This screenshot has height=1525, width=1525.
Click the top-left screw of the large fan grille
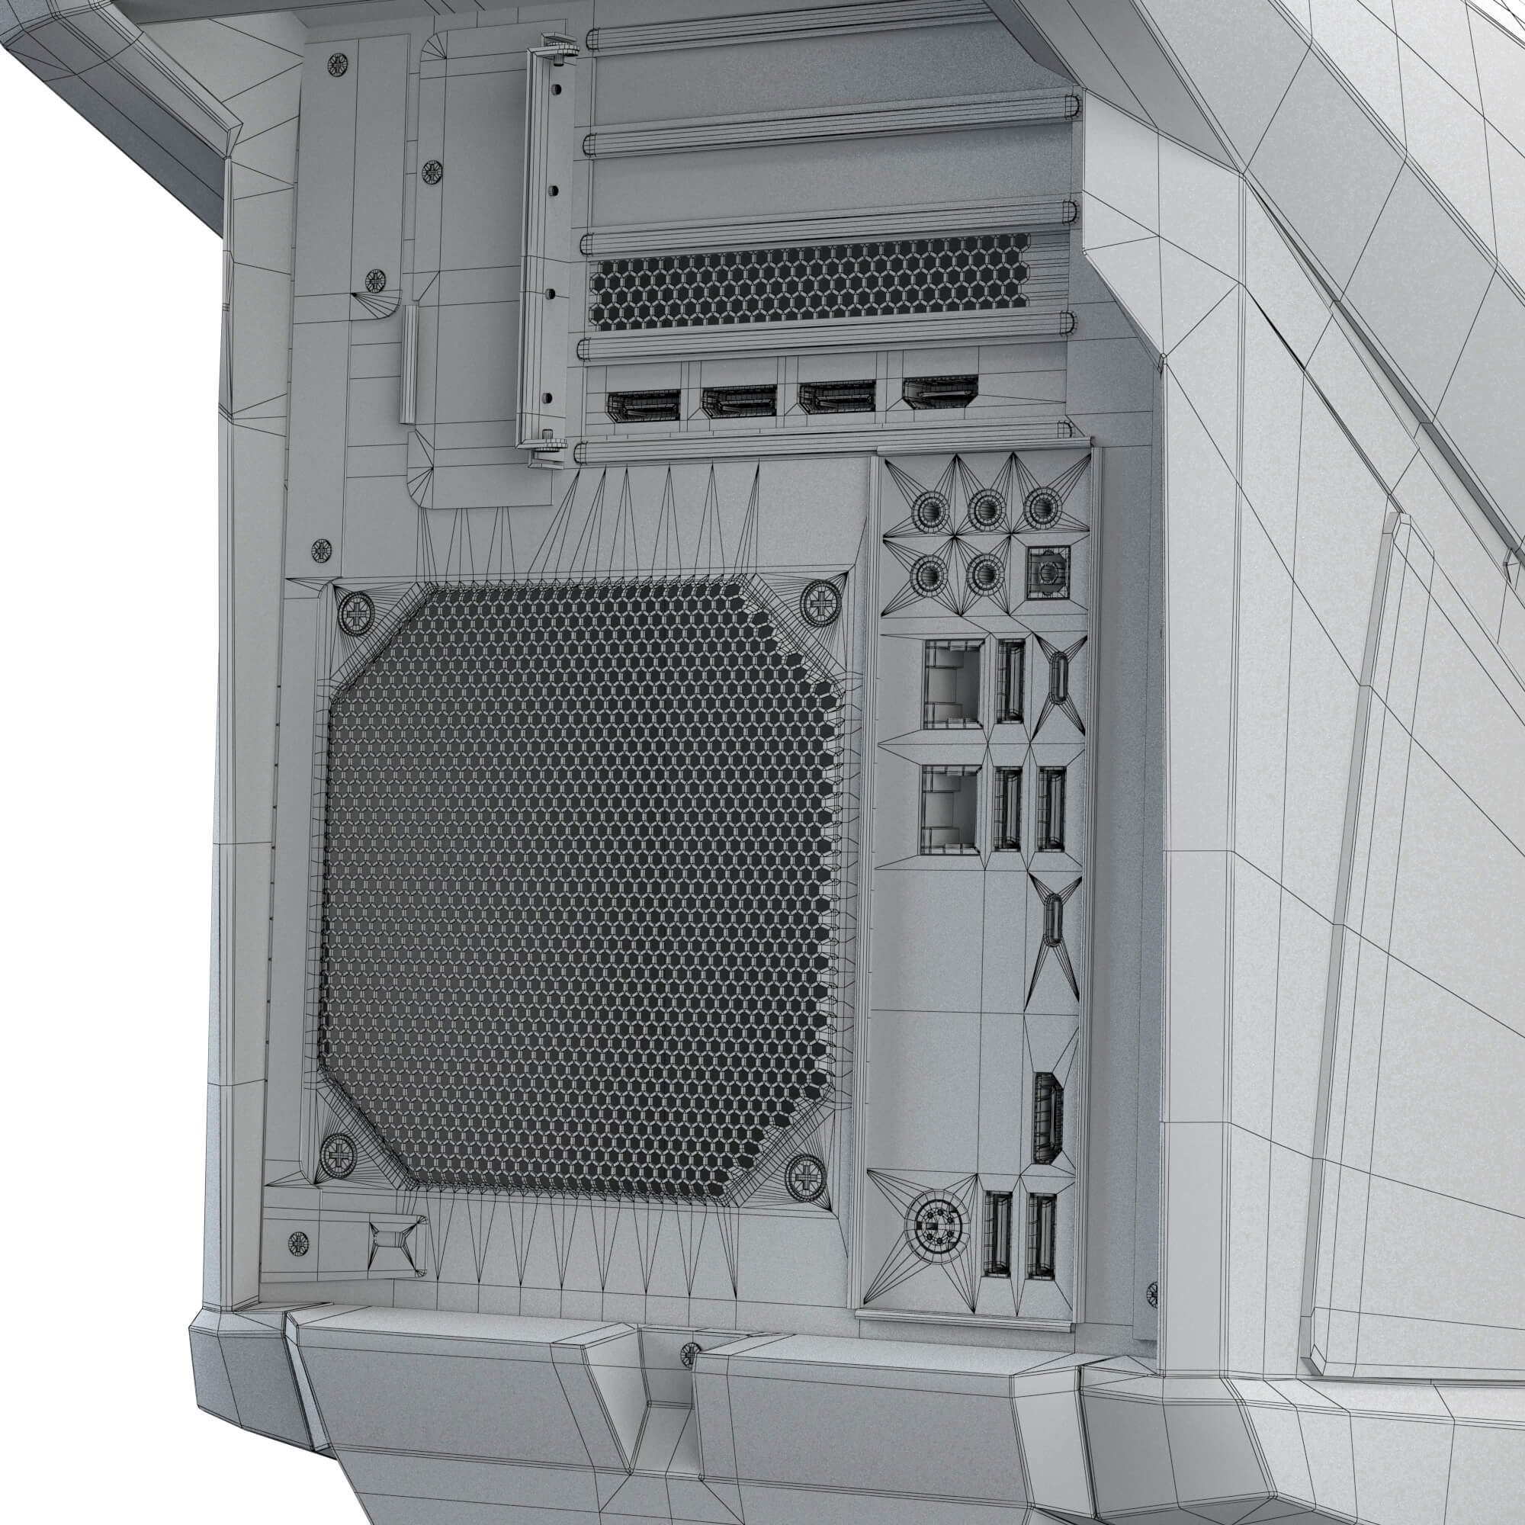[x=356, y=610]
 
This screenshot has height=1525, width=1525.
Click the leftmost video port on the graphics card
[x=643, y=406]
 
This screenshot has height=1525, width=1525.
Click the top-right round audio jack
[x=1042, y=509]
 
